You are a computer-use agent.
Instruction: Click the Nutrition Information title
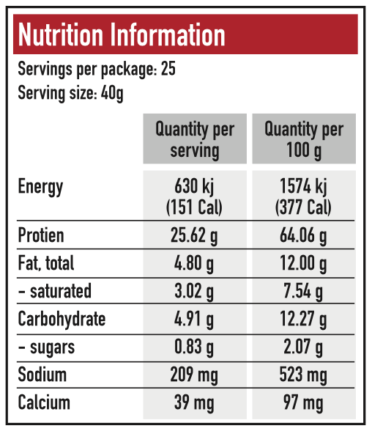(122, 34)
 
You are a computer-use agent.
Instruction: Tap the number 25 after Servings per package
(168, 68)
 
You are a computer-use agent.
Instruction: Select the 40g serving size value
(112, 94)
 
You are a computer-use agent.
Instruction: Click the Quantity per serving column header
(195, 139)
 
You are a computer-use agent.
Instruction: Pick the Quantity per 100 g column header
(304, 139)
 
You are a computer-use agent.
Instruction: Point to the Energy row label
(40, 187)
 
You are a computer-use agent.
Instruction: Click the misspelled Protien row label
(41, 235)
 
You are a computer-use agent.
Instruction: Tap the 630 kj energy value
(194, 186)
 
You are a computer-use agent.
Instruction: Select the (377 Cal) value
(303, 207)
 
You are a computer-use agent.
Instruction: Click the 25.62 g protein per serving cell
(194, 236)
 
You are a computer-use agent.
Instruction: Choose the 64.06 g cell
(303, 236)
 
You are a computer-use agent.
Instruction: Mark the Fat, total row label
(46, 263)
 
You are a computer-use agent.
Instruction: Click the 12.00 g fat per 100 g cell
(303, 264)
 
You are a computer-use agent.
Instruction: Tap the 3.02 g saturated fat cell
(194, 292)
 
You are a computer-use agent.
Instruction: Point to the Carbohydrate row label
(62, 320)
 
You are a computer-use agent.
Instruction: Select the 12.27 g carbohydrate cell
(303, 320)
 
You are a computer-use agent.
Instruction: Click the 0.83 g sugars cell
(194, 347)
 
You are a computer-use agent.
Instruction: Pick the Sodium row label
(42, 375)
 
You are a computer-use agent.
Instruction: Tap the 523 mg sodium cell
(303, 375)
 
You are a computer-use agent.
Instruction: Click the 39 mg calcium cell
(194, 403)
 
